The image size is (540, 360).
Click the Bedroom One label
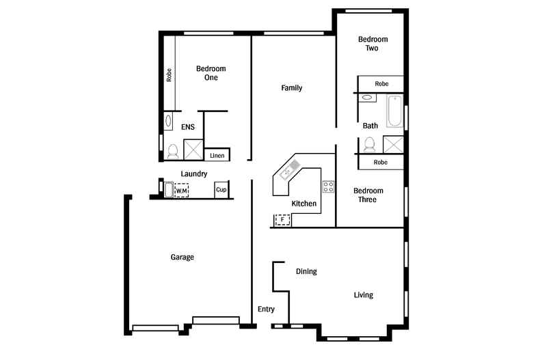tap(211, 73)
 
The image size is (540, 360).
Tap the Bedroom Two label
tap(373, 44)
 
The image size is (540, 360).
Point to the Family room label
tap(292, 88)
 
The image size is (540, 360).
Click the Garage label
tap(183, 258)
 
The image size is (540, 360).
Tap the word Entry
tap(266, 309)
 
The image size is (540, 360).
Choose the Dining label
tap(306, 272)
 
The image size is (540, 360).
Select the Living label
tap(363, 295)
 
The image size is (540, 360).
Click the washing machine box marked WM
tap(181, 190)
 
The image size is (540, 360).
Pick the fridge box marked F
tap(282, 220)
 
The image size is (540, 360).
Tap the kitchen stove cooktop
tap(328, 186)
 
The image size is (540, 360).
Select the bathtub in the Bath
tap(394, 112)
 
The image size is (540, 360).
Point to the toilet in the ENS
tap(172, 151)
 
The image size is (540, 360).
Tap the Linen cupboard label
tap(217, 156)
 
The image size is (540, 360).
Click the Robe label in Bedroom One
tap(169, 74)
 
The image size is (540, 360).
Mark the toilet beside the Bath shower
tap(370, 144)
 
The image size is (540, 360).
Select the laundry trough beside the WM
tap(168, 189)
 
